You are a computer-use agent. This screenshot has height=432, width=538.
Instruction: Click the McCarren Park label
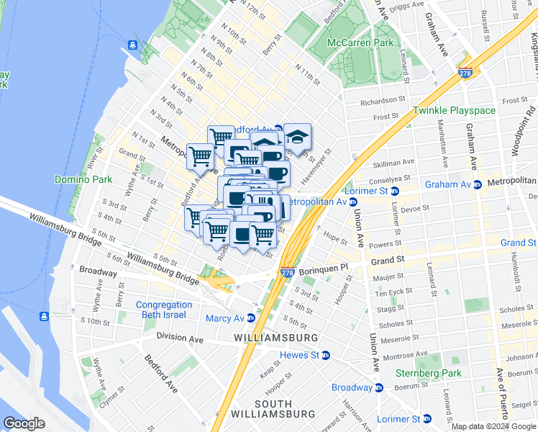click(x=360, y=42)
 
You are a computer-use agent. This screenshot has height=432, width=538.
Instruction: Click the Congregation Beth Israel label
click(x=164, y=310)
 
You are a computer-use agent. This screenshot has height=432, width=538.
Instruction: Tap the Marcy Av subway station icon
click(x=251, y=318)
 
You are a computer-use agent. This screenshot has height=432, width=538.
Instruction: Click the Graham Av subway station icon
click(x=476, y=184)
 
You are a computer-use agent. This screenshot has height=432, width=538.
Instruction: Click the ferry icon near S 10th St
click(x=45, y=316)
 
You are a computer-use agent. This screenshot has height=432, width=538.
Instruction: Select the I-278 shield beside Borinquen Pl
click(x=286, y=272)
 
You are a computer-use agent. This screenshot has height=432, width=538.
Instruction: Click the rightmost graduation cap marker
click(x=297, y=137)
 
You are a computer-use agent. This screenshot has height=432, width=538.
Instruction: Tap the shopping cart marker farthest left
click(x=199, y=155)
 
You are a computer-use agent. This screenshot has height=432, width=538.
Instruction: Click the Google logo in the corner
click(x=24, y=423)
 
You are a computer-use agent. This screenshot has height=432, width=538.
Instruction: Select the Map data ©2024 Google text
click(x=493, y=426)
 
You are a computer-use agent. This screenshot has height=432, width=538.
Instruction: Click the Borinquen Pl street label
click(x=323, y=266)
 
